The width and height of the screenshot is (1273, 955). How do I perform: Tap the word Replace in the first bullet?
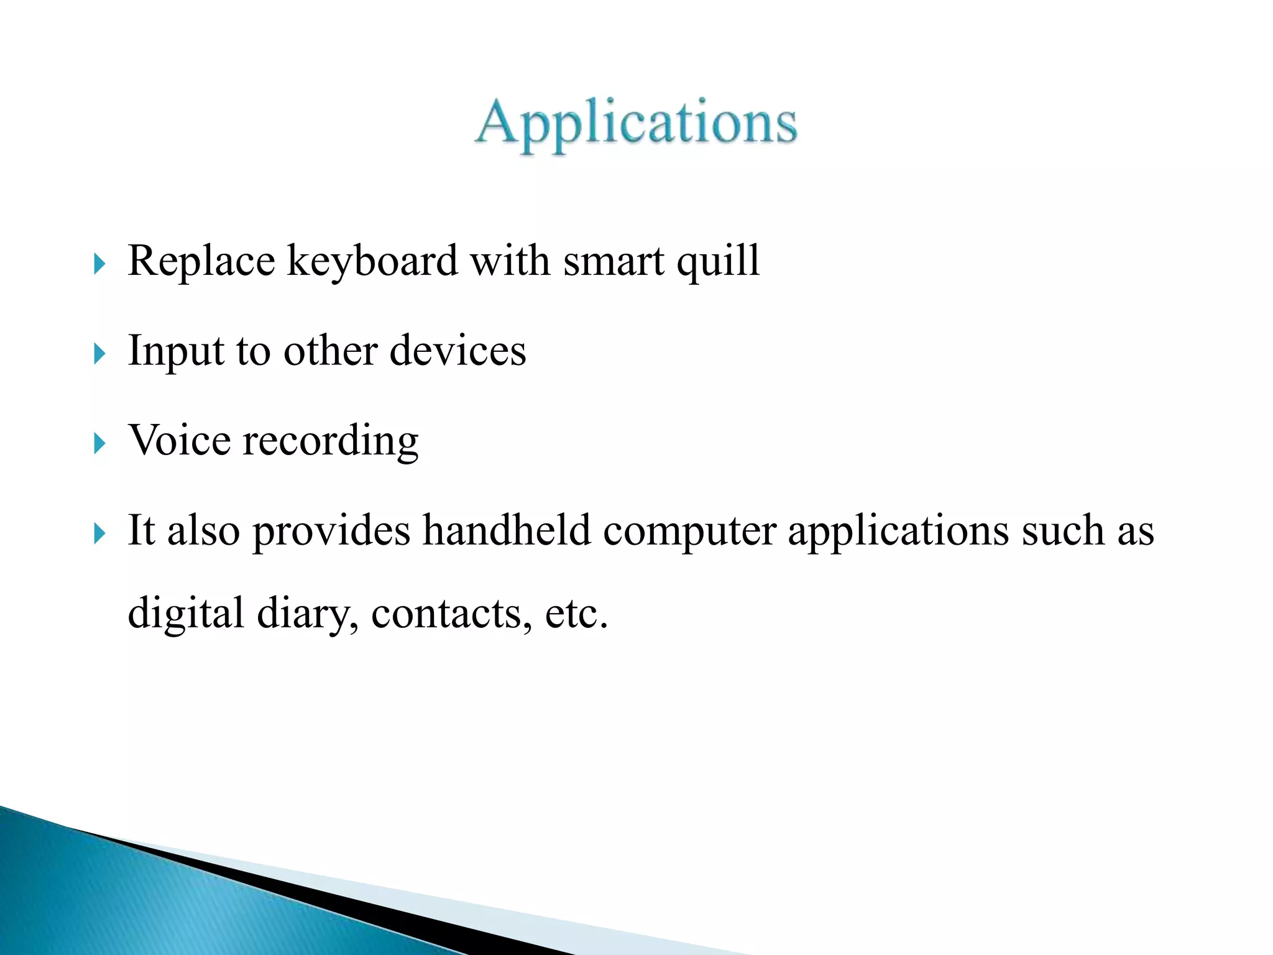point(201,261)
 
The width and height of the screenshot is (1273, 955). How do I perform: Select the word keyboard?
point(372,261)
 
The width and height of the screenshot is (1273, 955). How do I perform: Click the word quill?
point(718,262)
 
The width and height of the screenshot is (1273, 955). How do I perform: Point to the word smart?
point(614,262)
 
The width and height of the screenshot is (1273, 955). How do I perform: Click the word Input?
point(175,351)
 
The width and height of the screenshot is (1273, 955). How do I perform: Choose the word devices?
point(457,351)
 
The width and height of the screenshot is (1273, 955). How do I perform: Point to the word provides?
point(331,532)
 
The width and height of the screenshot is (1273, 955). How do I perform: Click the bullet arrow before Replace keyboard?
point(99,264)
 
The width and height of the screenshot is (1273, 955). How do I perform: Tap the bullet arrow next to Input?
point(99,354)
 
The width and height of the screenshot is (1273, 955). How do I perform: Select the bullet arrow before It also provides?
point(99,533)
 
